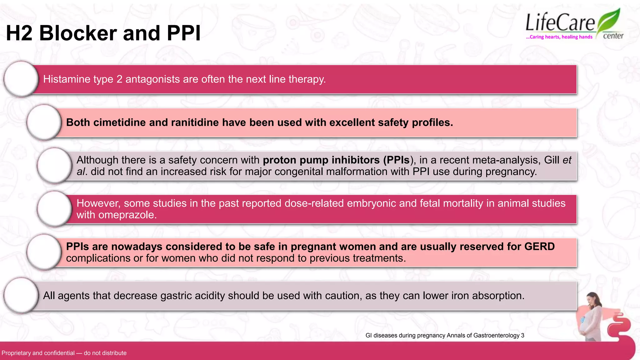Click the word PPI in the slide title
tap(183, 33)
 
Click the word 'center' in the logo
tap(613, 36)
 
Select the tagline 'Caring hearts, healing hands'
tap(559, 37)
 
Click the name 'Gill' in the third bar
tap(552, 160)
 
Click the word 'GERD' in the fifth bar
tap(539, 247)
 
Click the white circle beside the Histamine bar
tap(21, 79)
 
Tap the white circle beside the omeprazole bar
tap(54, 209)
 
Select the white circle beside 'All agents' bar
tap(21, 296)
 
